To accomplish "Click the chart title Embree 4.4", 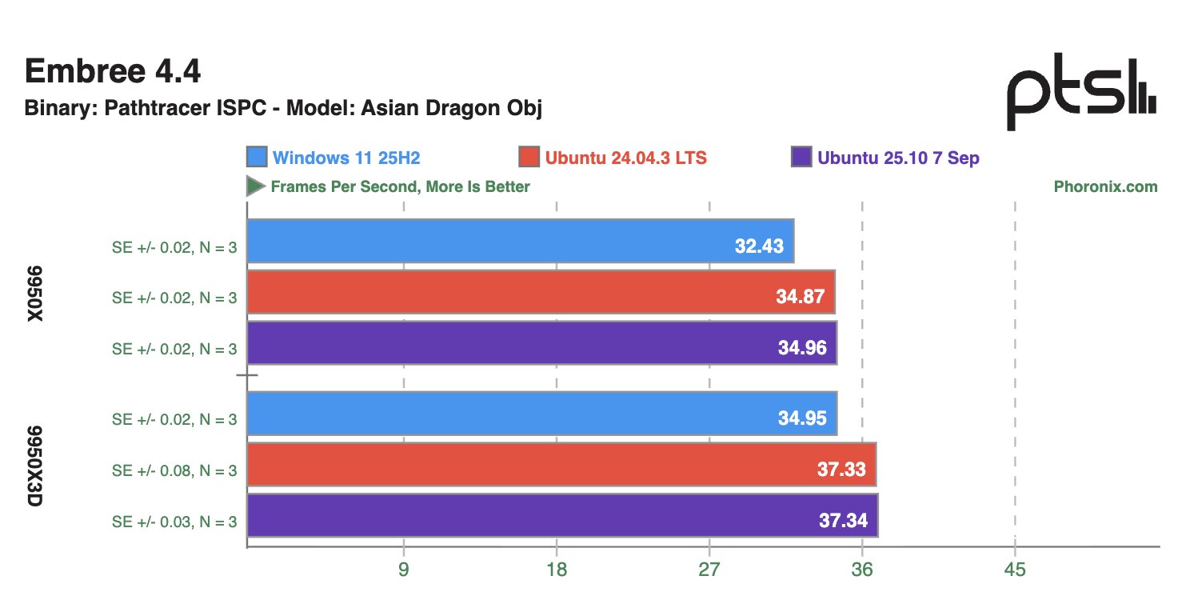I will tap(112, 72).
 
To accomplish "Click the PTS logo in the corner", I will tap(1080, 98).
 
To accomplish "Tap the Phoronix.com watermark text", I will tap(1105, 186).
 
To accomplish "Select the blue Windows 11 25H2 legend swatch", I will tap(257, 158).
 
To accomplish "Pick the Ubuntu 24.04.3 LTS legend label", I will tap(625, 158).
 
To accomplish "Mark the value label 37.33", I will tap(841, 470).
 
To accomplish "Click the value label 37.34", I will tap(843, 521).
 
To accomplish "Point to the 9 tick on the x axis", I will tap(404, 570).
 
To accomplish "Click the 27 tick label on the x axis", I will tap(709, 570).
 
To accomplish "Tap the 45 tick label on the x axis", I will tap(1015, 570).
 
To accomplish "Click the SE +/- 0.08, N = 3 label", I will tap(174, 470).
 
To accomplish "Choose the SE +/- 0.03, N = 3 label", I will tap(174, 522).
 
